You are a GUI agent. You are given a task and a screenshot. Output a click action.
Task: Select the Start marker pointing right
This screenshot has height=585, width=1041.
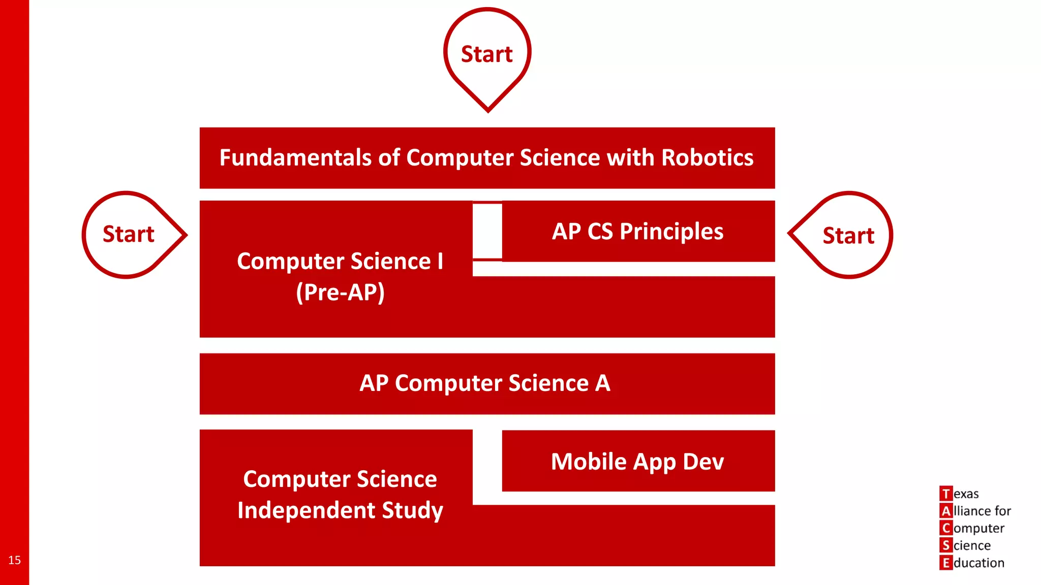click(129, 235)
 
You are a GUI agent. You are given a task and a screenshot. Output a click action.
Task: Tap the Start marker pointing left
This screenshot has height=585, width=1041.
click(848, 236)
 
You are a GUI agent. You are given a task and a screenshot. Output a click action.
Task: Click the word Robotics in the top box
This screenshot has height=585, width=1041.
click(707, 158)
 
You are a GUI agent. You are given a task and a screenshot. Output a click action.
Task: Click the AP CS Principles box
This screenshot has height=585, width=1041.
click(638, 232)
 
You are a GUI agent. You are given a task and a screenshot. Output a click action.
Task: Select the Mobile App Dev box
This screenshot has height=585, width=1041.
click(638, 462)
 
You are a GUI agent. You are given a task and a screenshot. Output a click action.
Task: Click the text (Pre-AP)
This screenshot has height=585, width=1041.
click(340, 292)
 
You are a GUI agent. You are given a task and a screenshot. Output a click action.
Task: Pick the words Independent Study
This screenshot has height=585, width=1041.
click(340, 510)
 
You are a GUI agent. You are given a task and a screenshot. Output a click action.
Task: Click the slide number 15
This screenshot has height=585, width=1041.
click(14, 560)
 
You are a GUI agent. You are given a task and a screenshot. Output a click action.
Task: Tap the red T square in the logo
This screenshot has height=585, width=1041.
click(945, 494)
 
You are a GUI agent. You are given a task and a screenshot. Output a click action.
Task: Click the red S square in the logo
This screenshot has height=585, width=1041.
click(945, 545)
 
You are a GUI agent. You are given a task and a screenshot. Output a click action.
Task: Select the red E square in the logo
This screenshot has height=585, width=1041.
click(945, 563)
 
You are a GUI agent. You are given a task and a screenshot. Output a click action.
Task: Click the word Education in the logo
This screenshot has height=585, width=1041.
click(978, 563)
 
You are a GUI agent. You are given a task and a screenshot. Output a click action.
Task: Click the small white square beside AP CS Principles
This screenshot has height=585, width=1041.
click(487, 231)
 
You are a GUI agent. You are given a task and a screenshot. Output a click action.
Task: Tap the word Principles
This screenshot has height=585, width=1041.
click(671, 232)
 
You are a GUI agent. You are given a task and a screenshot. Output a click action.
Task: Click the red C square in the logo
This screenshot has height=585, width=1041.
click(945, 528)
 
